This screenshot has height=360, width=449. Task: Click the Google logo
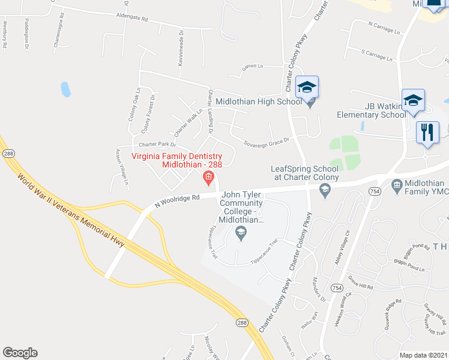20,353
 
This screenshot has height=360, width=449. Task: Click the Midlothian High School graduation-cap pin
307,88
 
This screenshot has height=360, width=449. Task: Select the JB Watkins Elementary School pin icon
414,100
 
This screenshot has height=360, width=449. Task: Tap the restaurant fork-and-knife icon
427,133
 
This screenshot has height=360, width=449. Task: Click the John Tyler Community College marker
241,233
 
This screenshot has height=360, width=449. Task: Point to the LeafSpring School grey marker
325,191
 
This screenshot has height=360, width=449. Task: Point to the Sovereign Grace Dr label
266,142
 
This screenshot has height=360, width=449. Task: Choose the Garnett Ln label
253,67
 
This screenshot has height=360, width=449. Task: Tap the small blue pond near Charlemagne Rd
65,89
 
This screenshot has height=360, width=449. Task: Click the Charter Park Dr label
157,145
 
